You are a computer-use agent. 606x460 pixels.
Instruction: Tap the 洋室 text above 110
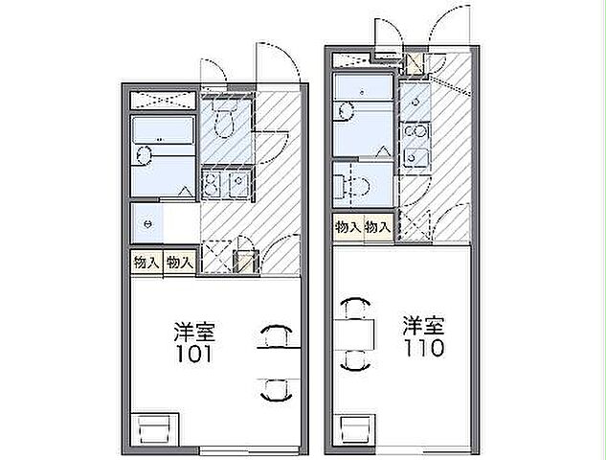[x=422, y=324]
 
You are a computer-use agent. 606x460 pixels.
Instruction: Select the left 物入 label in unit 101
[x=146, y=262]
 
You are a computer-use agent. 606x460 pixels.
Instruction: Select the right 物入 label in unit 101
[x=179, y=262]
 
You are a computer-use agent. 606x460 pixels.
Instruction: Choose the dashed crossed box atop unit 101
[x=164, y=100]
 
